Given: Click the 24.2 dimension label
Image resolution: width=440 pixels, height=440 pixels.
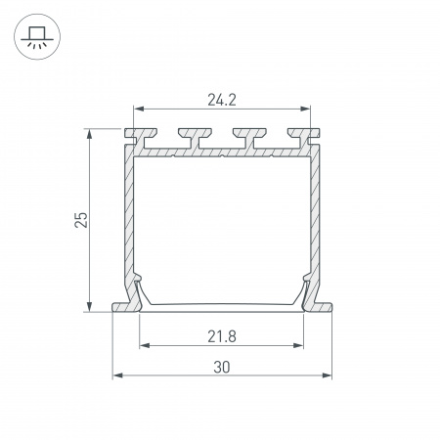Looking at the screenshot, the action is (x=222, y=100).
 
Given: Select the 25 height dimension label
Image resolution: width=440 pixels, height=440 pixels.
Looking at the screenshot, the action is (x=81, y=220).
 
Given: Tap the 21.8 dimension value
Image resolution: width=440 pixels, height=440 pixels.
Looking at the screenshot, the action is (x=222, y=336).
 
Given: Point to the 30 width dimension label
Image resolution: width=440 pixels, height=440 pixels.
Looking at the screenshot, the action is (x=222, y=368).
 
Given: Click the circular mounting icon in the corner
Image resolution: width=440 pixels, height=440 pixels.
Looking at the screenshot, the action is (x=37, y=36).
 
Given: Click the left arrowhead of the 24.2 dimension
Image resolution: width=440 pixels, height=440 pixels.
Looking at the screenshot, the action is (x=139, y=109).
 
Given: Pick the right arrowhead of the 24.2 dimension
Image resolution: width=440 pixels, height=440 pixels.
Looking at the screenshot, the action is (x=305, y=109).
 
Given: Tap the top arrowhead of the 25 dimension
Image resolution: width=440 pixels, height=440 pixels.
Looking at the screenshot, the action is (x=89, y=134).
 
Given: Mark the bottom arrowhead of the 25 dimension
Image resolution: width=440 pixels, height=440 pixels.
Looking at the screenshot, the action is (x=89, y=307).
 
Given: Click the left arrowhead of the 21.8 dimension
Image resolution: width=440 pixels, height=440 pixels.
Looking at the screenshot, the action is (x=145, y=345).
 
